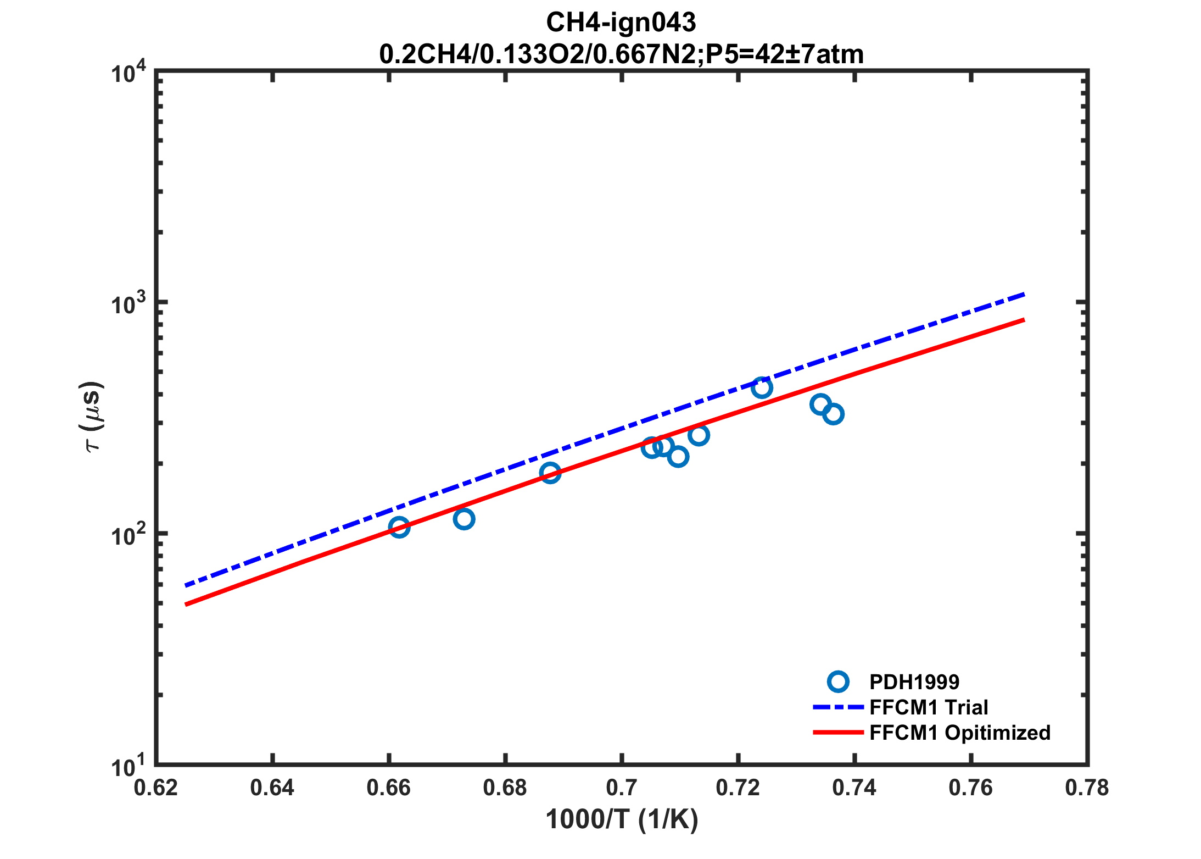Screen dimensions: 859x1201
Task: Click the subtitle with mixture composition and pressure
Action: coord(621,54)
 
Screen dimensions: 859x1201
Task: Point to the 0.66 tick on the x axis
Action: coord(388,788)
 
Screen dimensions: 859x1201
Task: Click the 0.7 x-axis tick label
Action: coord(621,788)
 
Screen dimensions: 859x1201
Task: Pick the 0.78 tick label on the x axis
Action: coord(1087,788)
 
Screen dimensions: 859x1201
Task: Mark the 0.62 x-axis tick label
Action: coord(156,788)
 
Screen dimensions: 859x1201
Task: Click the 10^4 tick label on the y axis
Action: coord(129,73)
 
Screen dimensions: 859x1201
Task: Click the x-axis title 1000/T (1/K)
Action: coord(621,820)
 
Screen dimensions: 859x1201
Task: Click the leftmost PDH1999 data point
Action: coord(399,527)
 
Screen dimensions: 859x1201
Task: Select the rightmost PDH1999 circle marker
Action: coord(833,414)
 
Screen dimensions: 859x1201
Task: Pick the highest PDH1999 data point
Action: coord(761,387)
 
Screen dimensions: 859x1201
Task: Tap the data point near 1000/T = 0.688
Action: coord(550,472)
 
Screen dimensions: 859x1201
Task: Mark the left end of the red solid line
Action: coord(187,605)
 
